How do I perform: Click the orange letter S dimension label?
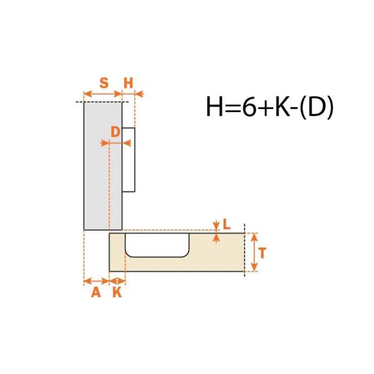[x=104, y=83]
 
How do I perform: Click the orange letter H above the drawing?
[x=128, y=84]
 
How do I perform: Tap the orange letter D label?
[x=115, y=132]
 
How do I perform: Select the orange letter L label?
[x=227, y=224]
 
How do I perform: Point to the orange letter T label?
[x=262, y=253]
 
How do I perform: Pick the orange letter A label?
[x=96, y=292]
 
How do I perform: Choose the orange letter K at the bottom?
[x=117, y=292]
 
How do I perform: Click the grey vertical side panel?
[x=103, y=166]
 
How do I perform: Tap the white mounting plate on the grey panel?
[x=128, y=160]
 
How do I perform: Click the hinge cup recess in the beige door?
[x=157, y=245]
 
